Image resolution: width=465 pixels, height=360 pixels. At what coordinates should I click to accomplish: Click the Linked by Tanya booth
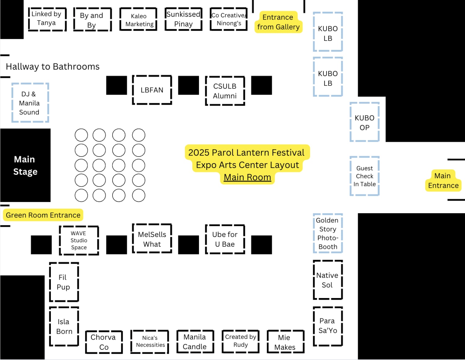47,19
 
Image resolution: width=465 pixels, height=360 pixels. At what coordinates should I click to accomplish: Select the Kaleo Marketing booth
139,20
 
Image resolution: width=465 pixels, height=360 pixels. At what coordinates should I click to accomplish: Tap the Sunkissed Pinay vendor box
184,19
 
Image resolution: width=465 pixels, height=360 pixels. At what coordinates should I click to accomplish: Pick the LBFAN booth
152,90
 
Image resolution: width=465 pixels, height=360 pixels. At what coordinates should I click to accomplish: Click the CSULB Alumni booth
225,91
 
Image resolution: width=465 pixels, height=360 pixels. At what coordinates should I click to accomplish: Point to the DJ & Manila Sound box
30,103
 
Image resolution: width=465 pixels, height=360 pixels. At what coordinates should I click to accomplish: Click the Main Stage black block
25,165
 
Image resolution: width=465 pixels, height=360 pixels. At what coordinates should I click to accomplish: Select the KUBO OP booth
365,122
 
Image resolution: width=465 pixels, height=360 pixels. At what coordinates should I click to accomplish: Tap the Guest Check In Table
365,176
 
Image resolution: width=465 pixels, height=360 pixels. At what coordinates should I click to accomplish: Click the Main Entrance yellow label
443,181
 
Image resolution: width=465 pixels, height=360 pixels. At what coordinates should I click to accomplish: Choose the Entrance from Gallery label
278,22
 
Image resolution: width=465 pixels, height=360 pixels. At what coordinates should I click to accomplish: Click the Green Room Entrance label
43,215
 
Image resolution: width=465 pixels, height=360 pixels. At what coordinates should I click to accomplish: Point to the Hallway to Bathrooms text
53,67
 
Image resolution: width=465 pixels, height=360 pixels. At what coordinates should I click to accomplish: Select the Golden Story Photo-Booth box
328,233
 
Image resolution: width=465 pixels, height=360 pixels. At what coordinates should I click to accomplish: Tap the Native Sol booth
328,280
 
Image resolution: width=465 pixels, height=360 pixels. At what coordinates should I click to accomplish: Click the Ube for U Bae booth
225,239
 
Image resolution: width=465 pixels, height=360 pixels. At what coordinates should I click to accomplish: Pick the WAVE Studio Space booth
79,240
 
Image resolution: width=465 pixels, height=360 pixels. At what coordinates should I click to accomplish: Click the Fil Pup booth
64,282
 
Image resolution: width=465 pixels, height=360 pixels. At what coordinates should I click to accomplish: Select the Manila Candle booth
195,341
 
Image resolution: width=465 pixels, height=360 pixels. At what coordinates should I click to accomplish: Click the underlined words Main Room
247,177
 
